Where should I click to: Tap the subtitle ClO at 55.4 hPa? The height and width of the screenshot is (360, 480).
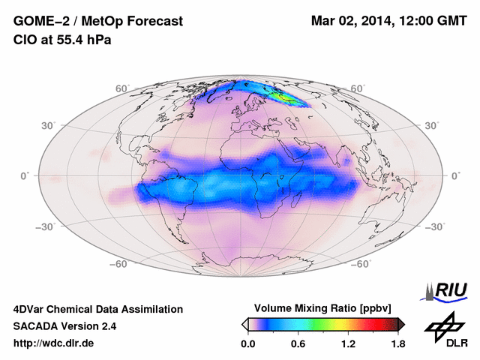pyautogui.click(x=62, y=40)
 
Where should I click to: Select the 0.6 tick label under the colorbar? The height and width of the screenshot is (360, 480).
pyautogui.click(x=298, y=344)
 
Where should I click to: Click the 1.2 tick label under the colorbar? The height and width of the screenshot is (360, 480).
pyautogui.click(x=347, y=344)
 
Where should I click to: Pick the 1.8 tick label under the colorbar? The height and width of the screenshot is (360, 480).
pyautogui.click(x=397, y=344)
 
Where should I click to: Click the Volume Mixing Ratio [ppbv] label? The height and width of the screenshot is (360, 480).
pyautogui.click(x=323, y=308)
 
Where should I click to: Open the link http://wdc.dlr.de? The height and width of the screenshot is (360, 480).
pyautogui.click(x=54, y=343)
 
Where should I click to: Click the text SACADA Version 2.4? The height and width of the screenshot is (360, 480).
pyautogui.click(x=64, y=326)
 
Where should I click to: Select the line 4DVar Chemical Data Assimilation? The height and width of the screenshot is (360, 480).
pyautogui.click(x=97, y=309)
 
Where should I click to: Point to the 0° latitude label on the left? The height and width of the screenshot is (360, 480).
pyautogui.click(x=25, y=175)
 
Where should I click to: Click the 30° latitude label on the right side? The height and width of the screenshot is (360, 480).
pyautogui.click(x=432, y=125)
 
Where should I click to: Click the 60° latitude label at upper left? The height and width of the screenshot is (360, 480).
pyautogui.click(x=121, y=88)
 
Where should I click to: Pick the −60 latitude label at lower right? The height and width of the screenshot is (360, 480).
pyautogui.click(x=361, y=264)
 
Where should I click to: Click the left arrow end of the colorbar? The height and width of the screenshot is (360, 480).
pyautogui.click(x=244, y=324)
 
